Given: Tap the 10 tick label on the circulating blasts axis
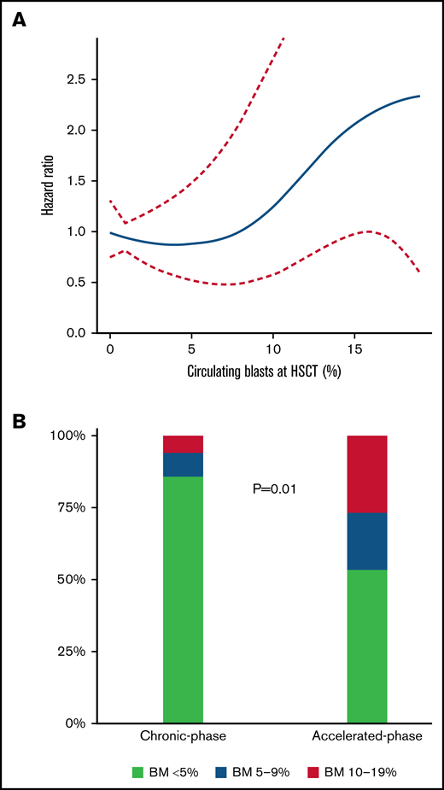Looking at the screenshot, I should (x=273, y=349).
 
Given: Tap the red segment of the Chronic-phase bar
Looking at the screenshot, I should (x=183, y=443).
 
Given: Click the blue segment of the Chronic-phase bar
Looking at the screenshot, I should (x=183, y=464).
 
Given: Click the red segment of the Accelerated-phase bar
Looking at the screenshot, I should (x=367, y=474).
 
